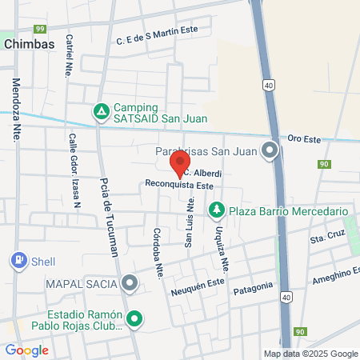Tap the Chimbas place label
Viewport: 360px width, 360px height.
(30, 45)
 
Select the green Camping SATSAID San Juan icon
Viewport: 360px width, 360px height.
(101, 113)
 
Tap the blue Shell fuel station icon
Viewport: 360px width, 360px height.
(17, 260)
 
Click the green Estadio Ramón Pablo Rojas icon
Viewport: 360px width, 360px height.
(134, 320)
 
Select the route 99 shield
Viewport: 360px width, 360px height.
(40, 29)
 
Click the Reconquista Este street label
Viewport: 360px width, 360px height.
(179, 185)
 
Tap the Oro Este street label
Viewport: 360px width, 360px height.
(304, 139)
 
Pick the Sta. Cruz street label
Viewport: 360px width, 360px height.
(326, 238)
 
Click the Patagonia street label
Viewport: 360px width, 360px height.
(254, 286)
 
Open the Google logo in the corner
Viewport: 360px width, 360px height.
(26, 350)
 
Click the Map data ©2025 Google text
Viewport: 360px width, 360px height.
(311, 354)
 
